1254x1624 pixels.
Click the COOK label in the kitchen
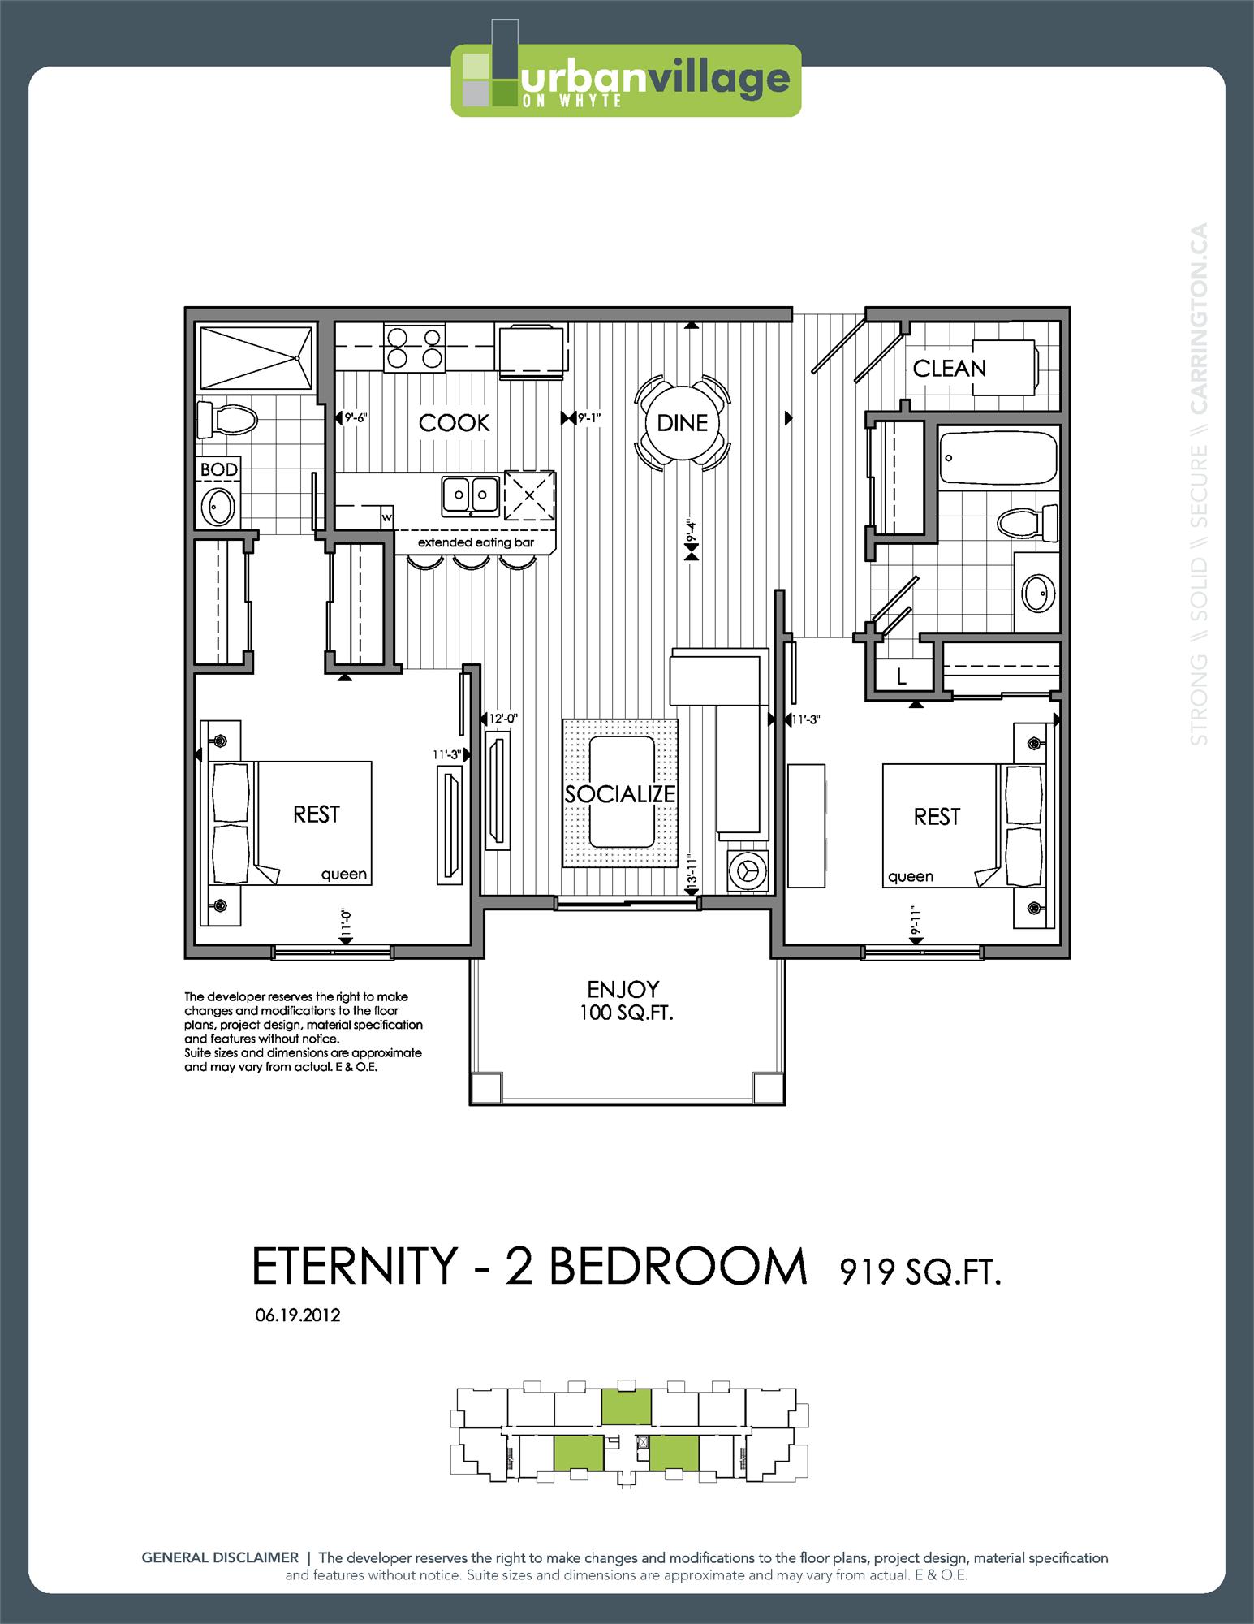click(x=454, y=423)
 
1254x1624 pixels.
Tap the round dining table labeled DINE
click(x=682, y=422)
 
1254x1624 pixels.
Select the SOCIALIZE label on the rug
click(x=620, y=794)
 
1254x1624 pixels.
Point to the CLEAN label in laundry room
click(x=949, y=369)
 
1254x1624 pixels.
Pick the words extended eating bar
click(x=476, y=542)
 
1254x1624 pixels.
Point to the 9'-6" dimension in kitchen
click(x=356, y=419)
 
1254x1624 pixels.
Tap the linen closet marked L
click(x=901, y=676)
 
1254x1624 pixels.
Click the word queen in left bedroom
click(x=344, y=875)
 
